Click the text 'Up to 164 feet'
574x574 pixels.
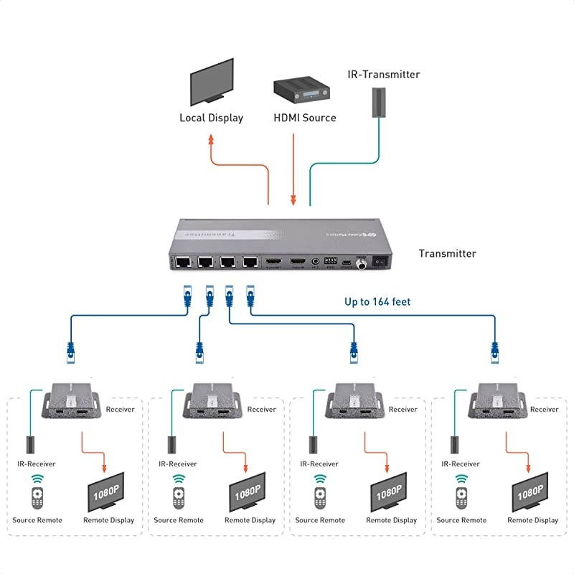click(377, 301)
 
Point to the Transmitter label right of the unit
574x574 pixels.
click(447, 253)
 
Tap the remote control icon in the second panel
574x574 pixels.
click(178, 497)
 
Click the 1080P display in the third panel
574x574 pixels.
click(389, 494)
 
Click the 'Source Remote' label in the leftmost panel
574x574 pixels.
click(37, 520)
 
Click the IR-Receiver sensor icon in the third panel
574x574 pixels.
click(314, 444)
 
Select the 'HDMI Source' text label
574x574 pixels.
click(304, 118)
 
